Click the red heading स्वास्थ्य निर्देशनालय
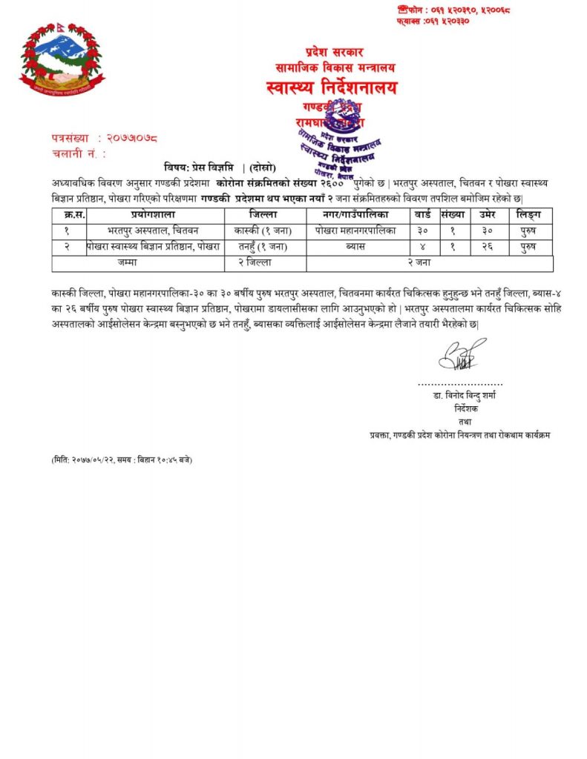click(331, 88)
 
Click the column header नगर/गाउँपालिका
click(358, 215)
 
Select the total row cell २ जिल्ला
click(265, 262)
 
